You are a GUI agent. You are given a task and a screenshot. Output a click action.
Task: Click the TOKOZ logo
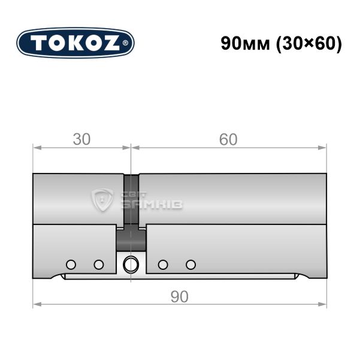click(75, 43)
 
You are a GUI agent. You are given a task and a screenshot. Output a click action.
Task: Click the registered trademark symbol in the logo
click(125, 43)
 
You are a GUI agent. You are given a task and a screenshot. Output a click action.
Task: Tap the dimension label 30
click(81, 139)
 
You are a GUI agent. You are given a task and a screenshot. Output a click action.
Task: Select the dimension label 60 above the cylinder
click(228, 139)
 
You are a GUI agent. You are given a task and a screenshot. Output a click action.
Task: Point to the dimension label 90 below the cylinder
click(180, 297)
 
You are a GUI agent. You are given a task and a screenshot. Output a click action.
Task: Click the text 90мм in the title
click(245, 44)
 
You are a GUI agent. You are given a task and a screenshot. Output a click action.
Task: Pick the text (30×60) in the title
click(309, 44)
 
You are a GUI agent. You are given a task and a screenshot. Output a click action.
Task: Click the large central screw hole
click(131, 264)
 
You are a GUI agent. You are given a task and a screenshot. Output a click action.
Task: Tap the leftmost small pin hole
click(71, 264)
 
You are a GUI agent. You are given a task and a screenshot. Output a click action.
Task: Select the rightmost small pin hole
click(191, 264)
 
